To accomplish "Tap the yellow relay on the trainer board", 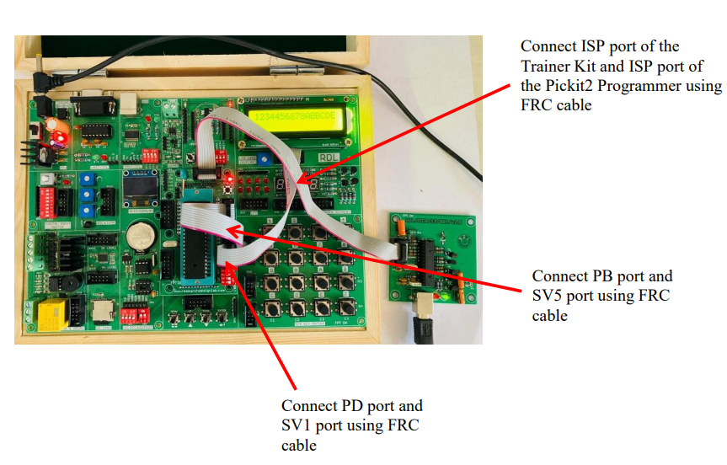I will [x=51, y=316].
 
